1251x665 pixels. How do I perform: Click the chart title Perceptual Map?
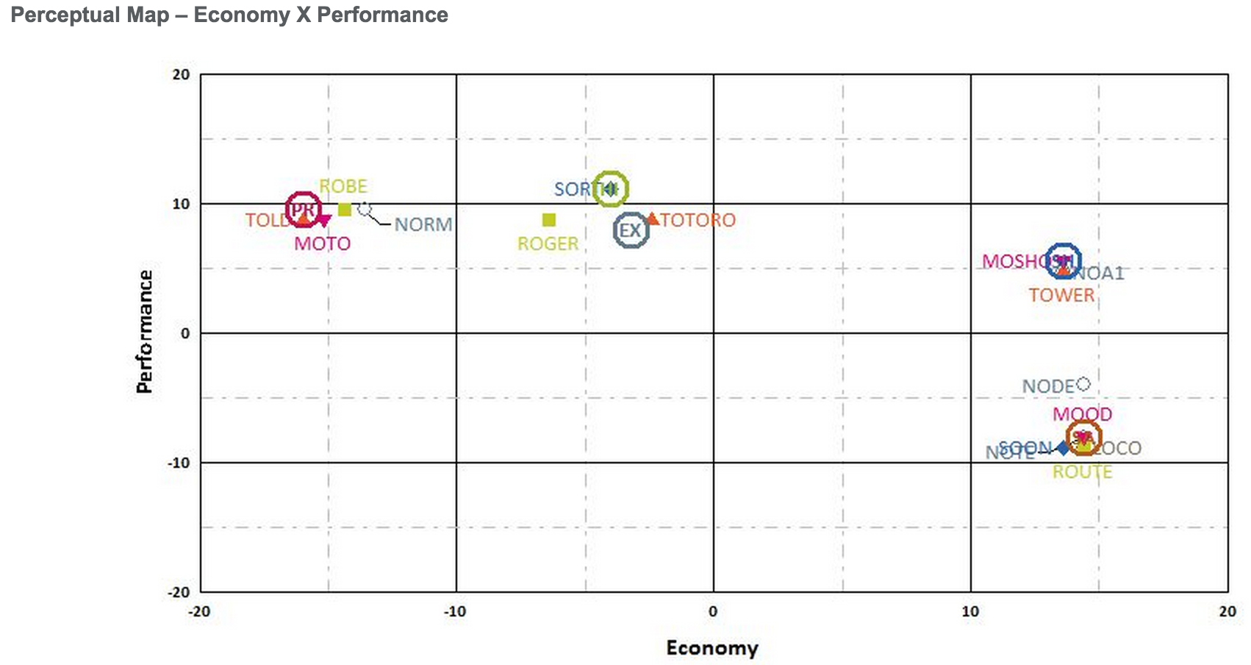click(x=229, y=15)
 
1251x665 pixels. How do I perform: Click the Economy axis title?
click(x=711, y=647)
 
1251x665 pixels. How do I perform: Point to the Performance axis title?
click(x=145, y=332)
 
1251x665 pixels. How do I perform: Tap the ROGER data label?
click(x=548, y=243)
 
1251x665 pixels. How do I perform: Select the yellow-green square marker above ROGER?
click(x=548, y=220)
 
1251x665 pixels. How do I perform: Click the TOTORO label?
click(x=698, y=220)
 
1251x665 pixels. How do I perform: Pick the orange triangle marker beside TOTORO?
click(x=652, y=218)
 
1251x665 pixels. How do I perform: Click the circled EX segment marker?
click(x=631, y=230)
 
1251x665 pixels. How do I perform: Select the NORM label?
click(x=423, y=224)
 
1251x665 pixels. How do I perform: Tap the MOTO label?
click(x=322, y=243)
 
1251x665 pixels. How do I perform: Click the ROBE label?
click(x=343, y=186)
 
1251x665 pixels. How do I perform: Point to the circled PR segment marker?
click(x=303, y=210)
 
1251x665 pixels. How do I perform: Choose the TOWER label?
click(x=1061, y=295)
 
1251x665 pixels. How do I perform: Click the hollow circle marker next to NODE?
click(x=1083, y=383)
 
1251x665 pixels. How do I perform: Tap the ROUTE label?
click(x=1082, y=472)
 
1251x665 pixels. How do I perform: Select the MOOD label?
click(x=1082, y=414)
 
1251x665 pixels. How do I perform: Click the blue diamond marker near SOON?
click(x=1063, y=448)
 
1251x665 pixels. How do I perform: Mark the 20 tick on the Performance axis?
click(x=181, y=74)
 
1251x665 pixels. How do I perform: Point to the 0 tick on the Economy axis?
click(x=712, y=611)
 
